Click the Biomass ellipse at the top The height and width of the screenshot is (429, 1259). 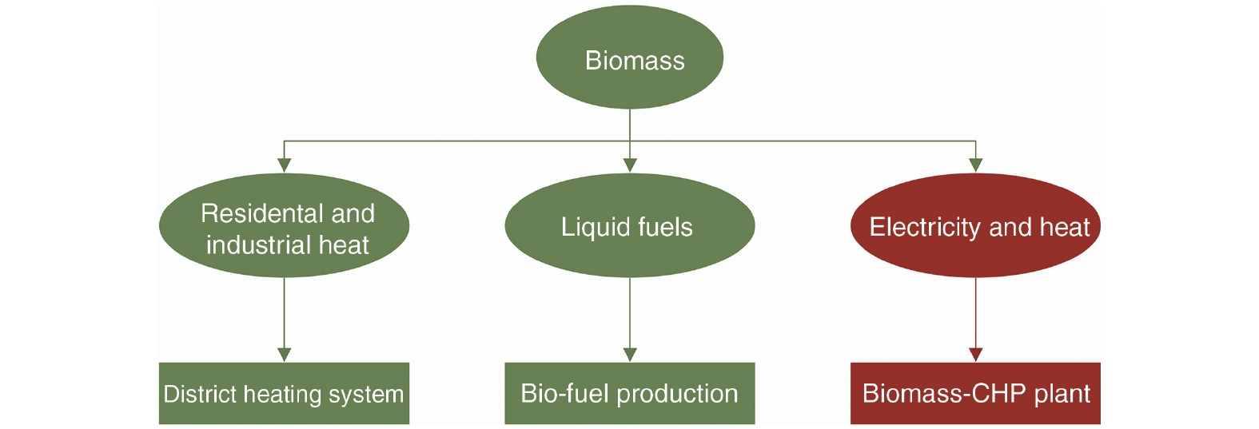(630, 58)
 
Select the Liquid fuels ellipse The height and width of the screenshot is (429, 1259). (630, 226)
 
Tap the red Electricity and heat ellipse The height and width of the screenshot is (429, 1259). (975, 226)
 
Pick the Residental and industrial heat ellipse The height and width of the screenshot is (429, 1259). (285, 226)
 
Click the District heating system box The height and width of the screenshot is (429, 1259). (285, 393)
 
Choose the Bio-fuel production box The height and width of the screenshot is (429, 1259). (630, 393)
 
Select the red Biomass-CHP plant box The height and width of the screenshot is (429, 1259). (975, 393)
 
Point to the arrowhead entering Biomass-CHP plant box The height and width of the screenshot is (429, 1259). (975, 355)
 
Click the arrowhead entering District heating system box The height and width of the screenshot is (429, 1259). (285, 355)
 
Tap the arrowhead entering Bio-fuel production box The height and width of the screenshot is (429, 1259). (630, 355)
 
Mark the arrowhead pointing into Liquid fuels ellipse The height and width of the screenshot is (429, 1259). (630, 165)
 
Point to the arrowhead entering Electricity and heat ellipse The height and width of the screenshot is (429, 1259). (975, 165)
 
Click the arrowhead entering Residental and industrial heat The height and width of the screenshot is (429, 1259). (285, 165)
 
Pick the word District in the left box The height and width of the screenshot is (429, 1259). (200, 394)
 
